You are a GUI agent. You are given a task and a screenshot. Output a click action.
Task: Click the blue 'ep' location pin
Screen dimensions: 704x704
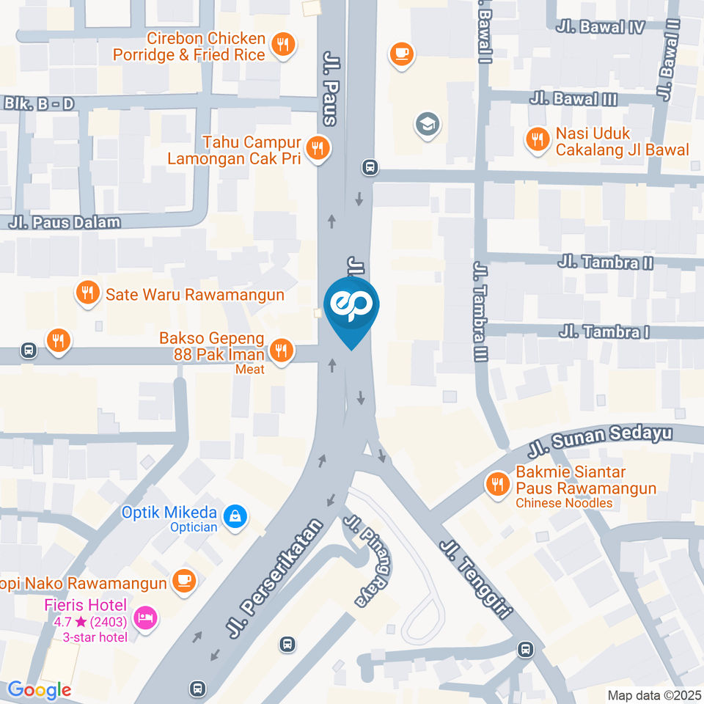click(351, 308)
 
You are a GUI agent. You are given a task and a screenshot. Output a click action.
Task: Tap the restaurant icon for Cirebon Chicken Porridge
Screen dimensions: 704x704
click(282, 45)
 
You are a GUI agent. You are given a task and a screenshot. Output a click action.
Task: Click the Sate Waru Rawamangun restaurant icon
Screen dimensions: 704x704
click(87, 294)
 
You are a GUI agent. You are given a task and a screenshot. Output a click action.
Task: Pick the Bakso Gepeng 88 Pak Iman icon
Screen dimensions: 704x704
click(280, 351)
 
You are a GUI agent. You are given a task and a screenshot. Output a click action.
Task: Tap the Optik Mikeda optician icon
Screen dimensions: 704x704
click(235, 516)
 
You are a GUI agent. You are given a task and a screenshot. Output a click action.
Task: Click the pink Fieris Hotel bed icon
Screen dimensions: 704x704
click(146, 617)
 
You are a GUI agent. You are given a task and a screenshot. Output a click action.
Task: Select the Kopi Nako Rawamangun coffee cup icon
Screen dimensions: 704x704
click(181, 582)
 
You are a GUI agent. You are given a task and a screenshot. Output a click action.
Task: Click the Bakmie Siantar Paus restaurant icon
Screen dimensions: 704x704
click(498, 484)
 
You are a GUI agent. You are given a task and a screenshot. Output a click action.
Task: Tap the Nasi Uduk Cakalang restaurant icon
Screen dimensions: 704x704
click(538, 139)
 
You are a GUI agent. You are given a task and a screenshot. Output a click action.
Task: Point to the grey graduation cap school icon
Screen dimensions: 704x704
click(425, 125)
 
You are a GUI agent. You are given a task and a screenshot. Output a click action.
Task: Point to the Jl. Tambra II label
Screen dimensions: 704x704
click(605, 261)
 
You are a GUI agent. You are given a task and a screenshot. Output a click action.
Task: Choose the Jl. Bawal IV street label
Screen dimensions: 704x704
click(600, 27)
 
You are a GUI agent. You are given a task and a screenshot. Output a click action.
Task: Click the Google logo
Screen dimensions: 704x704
click(39, 689)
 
